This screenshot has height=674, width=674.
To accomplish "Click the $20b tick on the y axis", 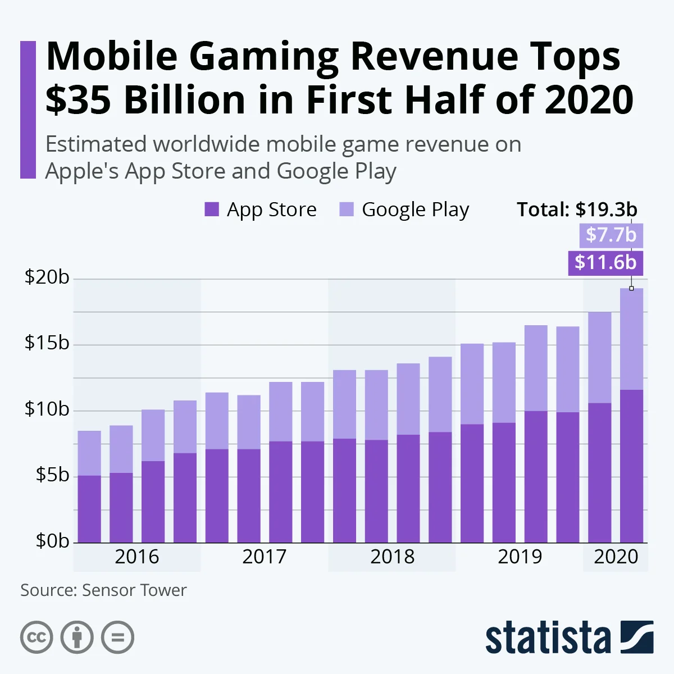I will [x=47, y=277].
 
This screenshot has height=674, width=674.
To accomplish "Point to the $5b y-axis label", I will [x=52, y=475].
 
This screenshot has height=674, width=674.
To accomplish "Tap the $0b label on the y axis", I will [x=52, y=541].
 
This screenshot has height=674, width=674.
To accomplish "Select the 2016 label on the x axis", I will [x=137, y=557].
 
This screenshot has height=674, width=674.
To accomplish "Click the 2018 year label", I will [x=392, y=557].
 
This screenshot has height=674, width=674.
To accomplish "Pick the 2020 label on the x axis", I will [x=616, y=557].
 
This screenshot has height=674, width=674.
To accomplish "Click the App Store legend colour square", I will [x=212, y=210].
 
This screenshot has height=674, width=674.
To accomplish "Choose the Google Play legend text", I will [x=415, y=210].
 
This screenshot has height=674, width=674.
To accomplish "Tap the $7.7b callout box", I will [x=611, y=235].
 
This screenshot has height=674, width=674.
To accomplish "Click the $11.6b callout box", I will [x=605, y=262].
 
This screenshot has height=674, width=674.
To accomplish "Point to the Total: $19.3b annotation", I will [x=577, y=210].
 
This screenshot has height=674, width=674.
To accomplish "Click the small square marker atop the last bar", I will [x=631, y=288].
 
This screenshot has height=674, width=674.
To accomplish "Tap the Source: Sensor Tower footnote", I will [x=103, y=590].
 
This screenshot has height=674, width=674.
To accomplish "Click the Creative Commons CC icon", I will [x=37, y=637].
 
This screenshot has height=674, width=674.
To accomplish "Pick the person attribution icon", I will [x=77, y=637].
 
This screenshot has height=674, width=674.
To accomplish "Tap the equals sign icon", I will [x=118, y=637].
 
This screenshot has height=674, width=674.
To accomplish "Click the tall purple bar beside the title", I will [x=28, y=110].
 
